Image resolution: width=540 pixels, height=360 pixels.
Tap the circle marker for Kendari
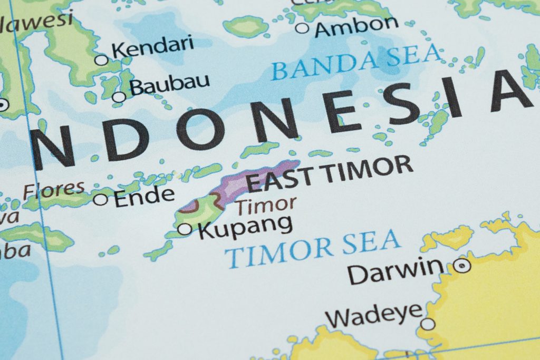click(x=101, y=60)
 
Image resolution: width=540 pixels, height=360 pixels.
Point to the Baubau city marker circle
click(x=119, y=97)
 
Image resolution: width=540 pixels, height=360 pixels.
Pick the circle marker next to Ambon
click(x=302, y=28)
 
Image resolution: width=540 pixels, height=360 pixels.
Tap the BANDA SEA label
click(x=356, y=62)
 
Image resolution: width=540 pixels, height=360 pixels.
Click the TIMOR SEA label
click(x=312, y=247)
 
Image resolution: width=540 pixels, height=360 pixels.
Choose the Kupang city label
click(x=245, y=226)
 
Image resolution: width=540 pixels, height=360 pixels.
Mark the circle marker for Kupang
click(x=185, y=229)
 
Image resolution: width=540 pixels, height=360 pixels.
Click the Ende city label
click(x=144, y=196)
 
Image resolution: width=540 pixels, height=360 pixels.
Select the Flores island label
click(x=54, y=190)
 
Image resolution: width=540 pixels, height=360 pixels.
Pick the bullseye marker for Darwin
click(x=462, y=265)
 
